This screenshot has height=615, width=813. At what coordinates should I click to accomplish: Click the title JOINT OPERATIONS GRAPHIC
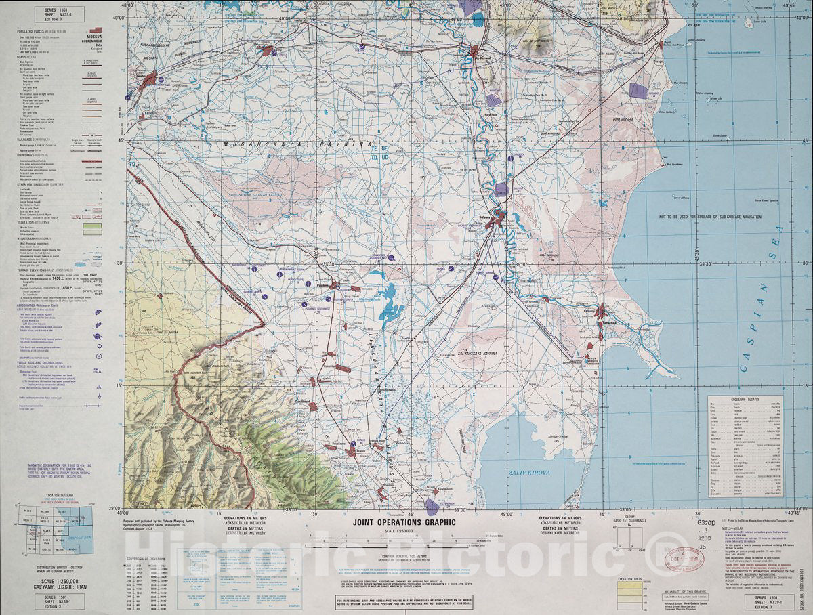399,522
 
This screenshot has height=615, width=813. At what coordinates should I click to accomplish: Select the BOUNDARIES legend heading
47,154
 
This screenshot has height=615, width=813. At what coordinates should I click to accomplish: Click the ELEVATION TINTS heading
633,580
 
